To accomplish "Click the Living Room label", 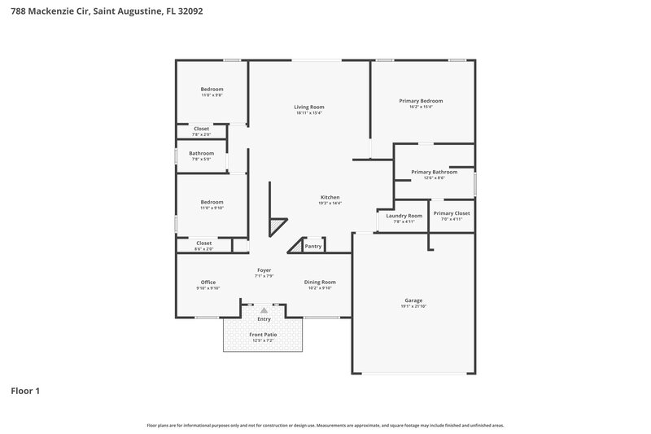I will (309, 107).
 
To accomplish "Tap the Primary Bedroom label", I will (421, 101).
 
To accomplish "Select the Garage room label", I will (413, 300).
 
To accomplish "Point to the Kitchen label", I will (330, 198).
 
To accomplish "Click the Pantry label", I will (313, 246).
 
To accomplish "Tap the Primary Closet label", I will (452, 213).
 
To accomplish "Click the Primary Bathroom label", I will (434, 172).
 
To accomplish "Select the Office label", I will (208, 282).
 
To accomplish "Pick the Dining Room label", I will (320, 282).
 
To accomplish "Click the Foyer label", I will (264, 270).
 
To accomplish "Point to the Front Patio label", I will (264, 335).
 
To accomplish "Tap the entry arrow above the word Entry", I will (264, 309).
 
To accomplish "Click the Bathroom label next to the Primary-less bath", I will (202, 153).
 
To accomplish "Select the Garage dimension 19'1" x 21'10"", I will (413, 306).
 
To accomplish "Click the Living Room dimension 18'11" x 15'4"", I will (309, 113).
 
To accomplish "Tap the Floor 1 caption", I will (25, 391).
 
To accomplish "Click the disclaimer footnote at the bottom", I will (325, 425).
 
